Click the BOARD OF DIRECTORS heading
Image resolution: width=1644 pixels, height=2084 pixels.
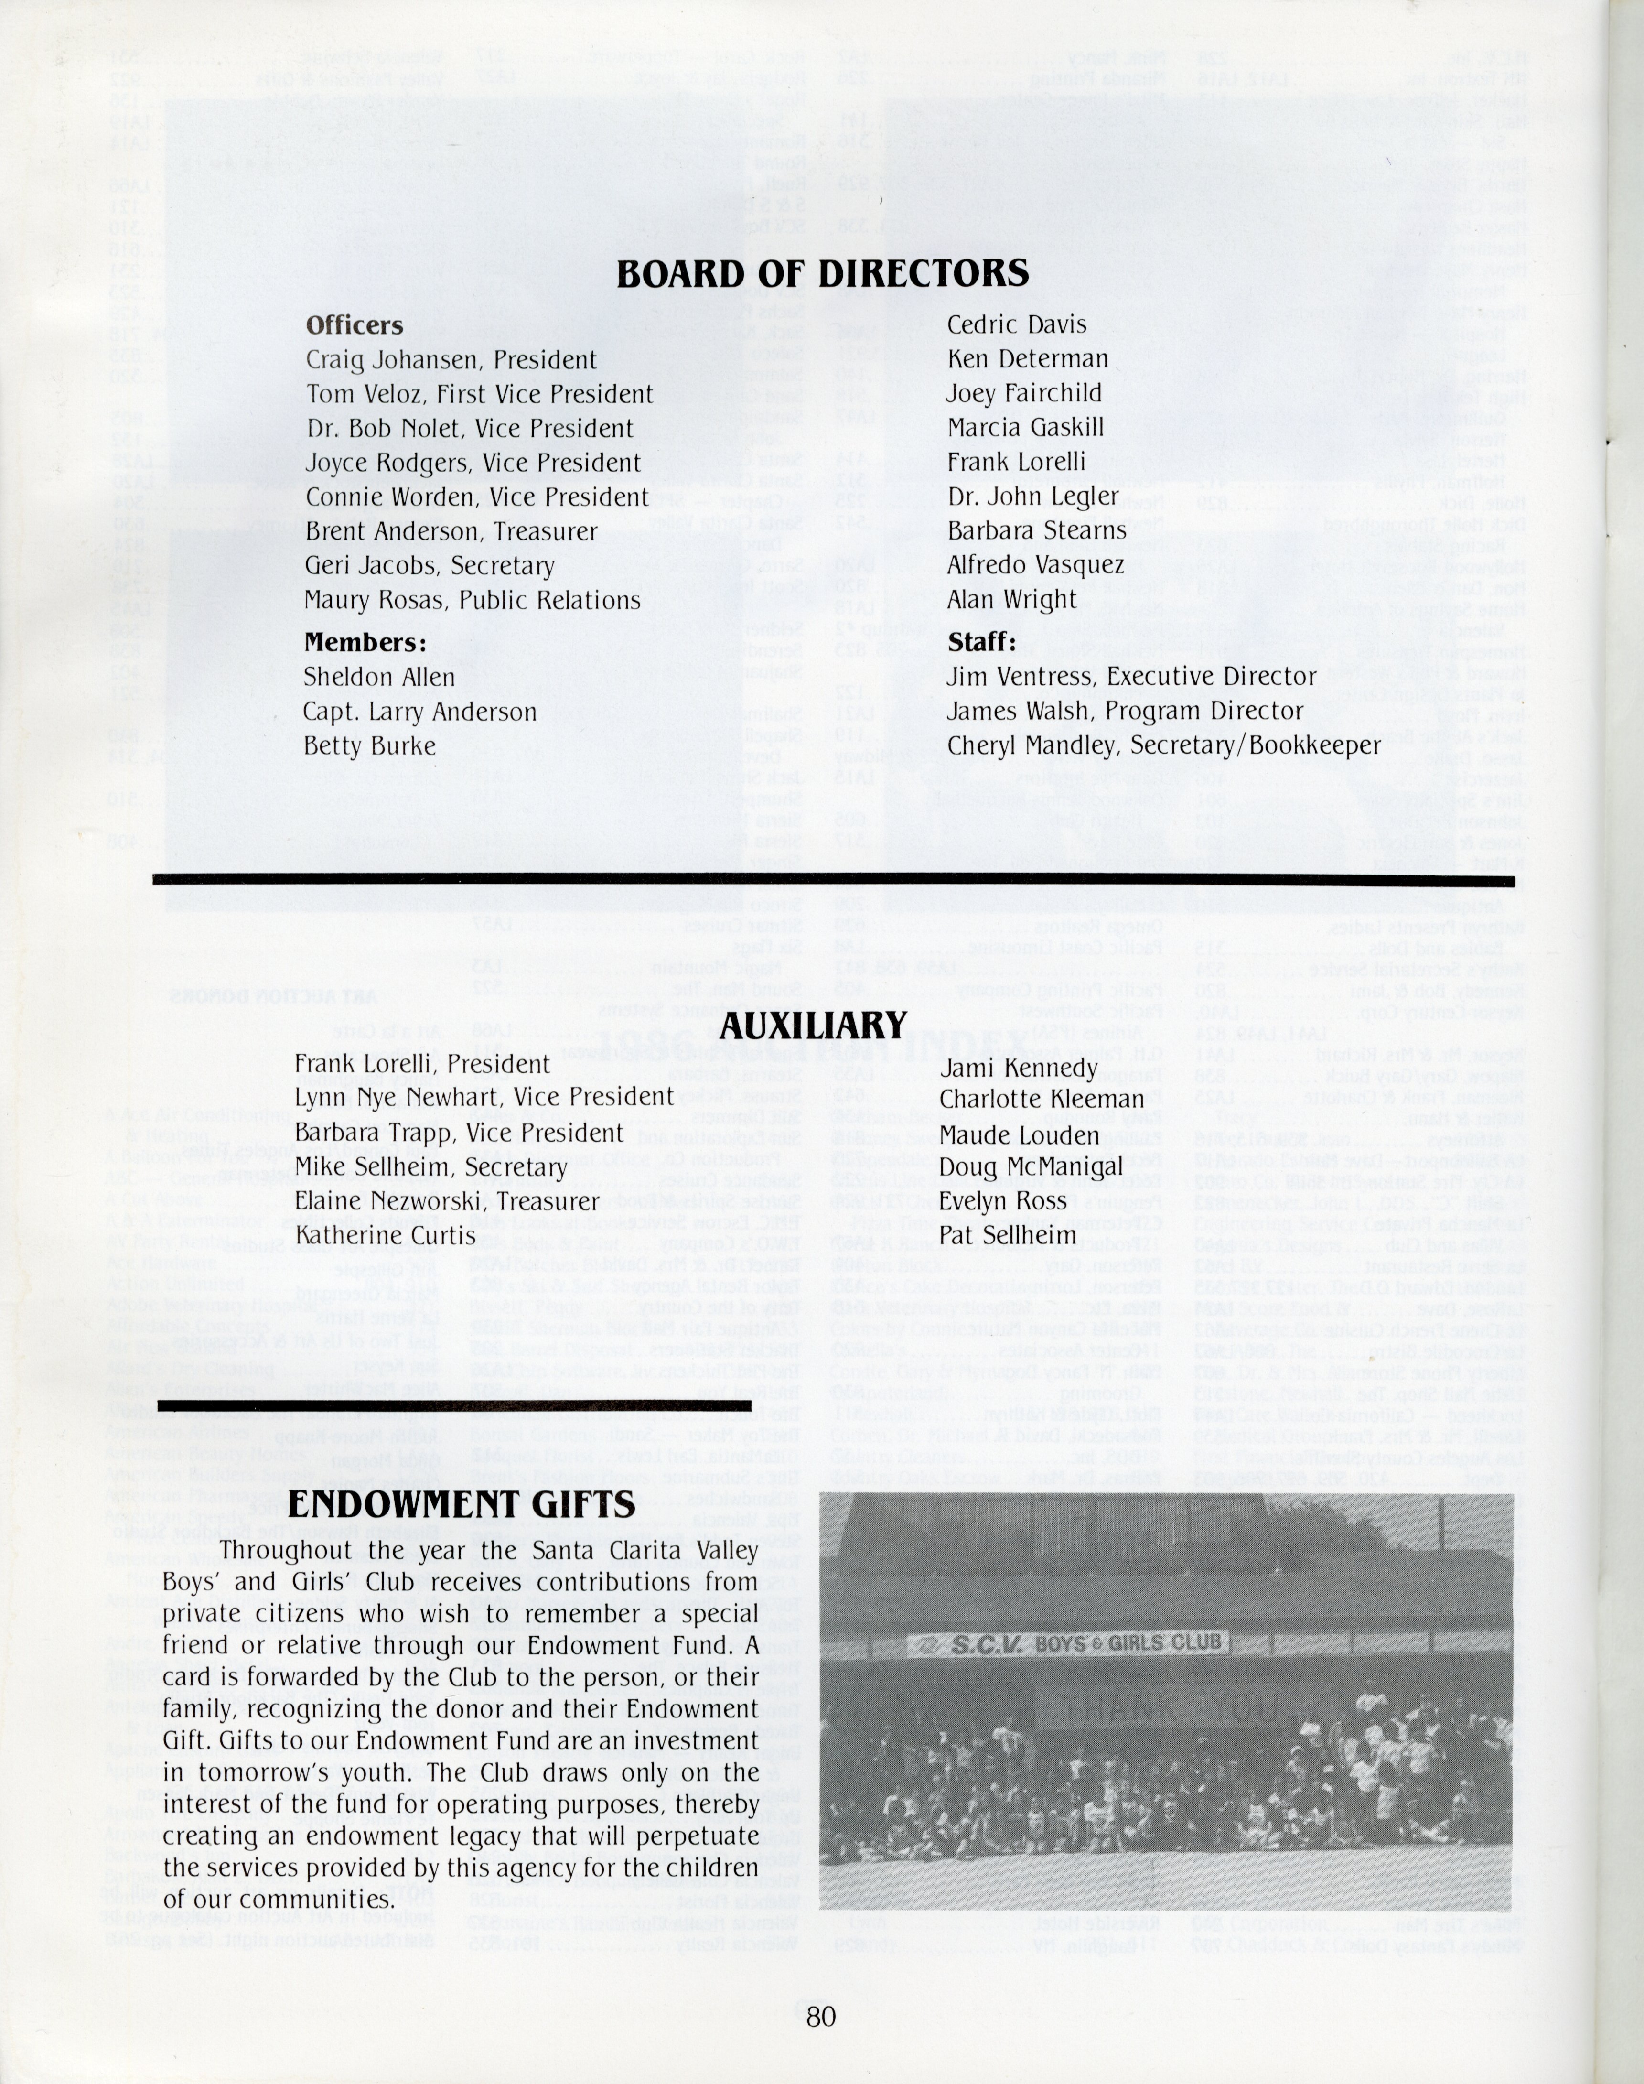(x=822, y=274)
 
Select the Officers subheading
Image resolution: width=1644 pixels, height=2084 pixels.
(x=354, y=325)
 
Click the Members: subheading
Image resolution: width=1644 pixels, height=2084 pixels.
(x=366, y=642)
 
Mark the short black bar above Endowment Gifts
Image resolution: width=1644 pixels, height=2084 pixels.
(x=454, y=1406)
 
